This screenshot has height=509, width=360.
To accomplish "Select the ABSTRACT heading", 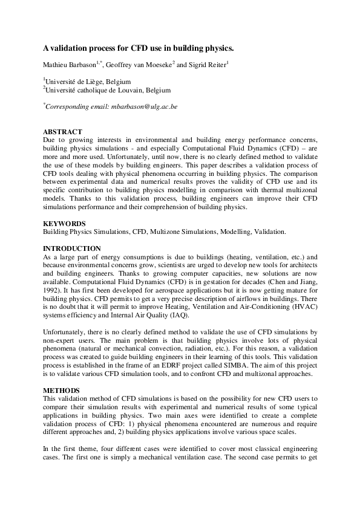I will point(62,131).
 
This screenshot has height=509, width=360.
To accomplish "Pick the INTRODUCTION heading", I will point(71,248).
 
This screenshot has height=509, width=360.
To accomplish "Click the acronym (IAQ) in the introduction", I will point(179,315).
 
